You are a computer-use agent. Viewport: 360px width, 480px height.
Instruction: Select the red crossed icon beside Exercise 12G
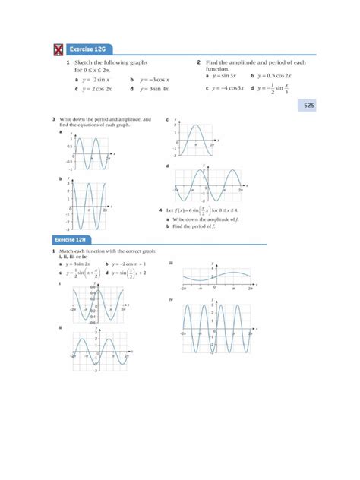[56, 49]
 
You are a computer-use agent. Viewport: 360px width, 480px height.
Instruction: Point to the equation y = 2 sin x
[94, 79]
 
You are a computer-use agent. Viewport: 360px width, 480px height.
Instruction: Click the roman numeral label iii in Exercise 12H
[172, 263]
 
